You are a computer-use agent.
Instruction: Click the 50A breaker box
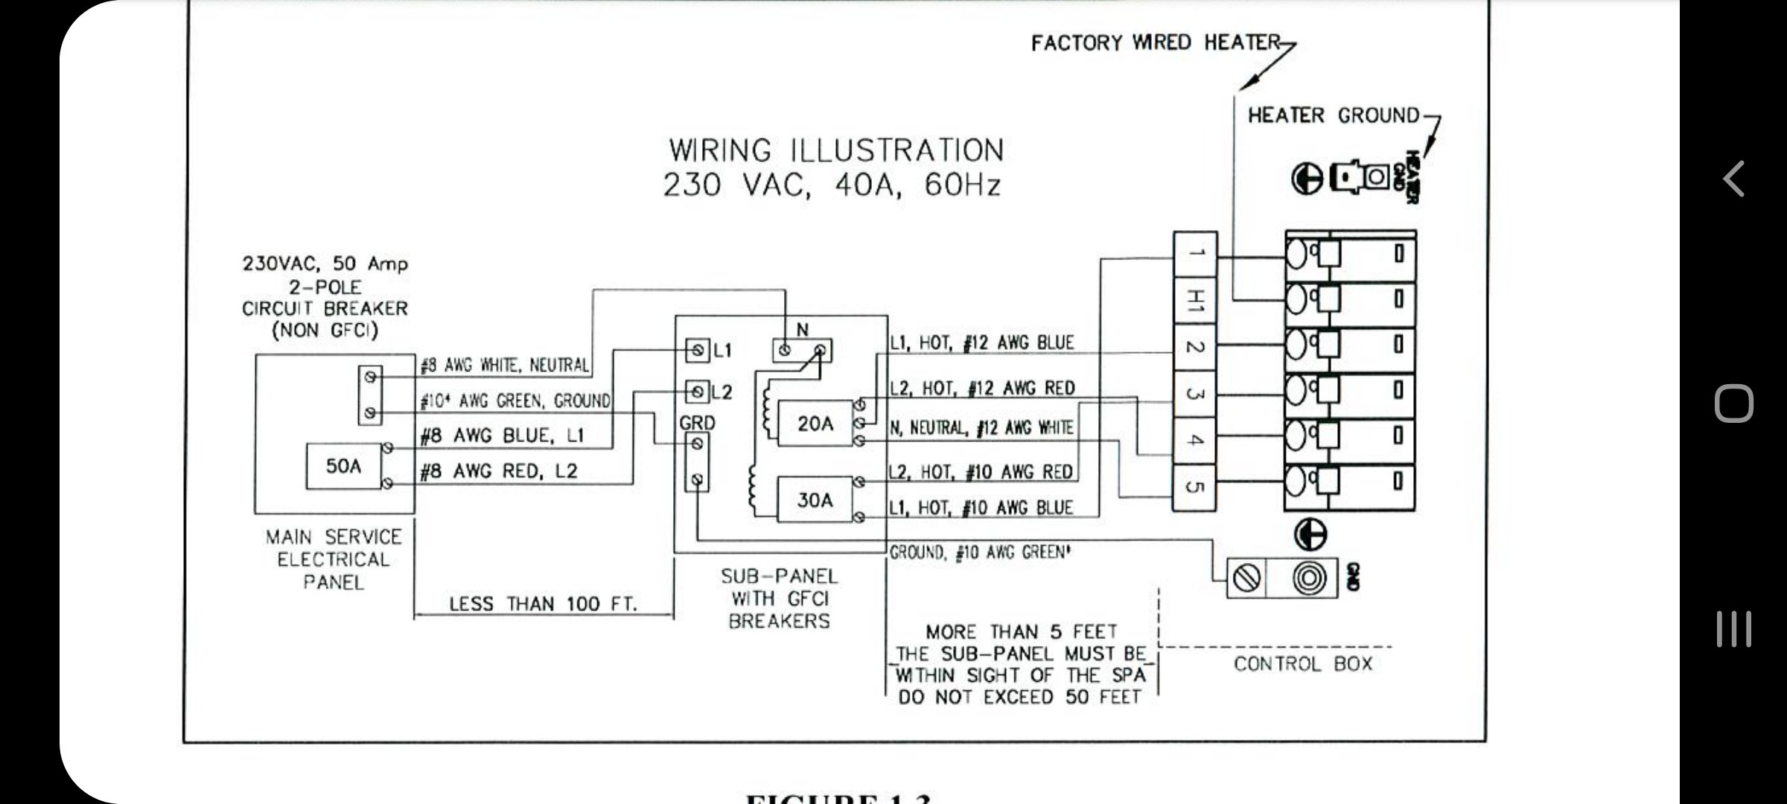[343, 466]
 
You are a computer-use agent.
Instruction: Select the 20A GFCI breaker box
[815, 424]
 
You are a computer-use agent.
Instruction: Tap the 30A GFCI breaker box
[815, 500]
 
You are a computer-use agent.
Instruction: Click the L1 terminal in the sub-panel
[698, 350]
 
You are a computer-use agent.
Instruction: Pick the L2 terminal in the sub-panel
[698, 391]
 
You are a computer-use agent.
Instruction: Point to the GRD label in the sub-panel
[697, 423]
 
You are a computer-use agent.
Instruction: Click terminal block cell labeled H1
[1194, 301]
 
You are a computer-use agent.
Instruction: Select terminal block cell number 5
[1194, 487]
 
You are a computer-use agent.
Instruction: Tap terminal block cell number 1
[1194, 254]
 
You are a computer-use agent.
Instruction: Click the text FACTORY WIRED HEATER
[1155, 43]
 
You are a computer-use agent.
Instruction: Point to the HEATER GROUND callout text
[1334, 115]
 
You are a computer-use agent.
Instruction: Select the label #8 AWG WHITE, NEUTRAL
[505, 366]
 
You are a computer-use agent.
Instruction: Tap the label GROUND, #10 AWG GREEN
[981, 552]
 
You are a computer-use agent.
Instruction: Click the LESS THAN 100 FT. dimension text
[543, 604]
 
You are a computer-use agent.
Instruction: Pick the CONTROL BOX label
[1302, 664]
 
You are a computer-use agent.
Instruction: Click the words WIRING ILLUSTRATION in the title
[835, 150]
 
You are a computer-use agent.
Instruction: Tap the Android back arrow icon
[1733, 179]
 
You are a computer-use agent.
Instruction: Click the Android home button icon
[1733, 403]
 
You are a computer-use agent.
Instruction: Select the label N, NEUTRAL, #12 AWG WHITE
[981, 428]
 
